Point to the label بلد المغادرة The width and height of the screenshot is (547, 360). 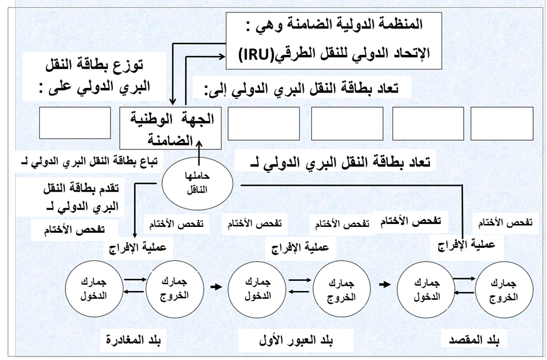point(134,339)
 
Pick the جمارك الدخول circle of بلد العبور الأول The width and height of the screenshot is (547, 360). point(257,285)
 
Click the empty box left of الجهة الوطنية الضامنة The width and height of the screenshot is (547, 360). point(75,123)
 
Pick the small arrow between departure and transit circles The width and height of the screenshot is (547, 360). point(215,286)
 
